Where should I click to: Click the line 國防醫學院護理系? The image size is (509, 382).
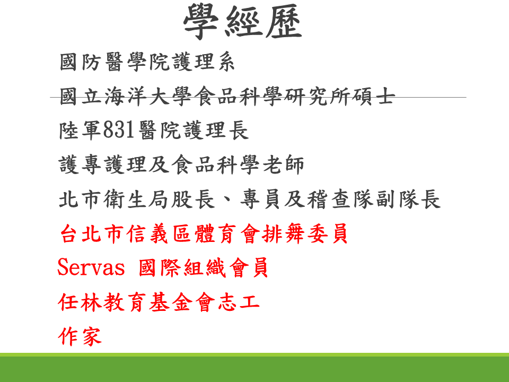[147, 62]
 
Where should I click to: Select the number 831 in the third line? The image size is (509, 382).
[118, 130]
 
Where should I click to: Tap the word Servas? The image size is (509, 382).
[91, 267]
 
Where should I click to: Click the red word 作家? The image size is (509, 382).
[80, 336]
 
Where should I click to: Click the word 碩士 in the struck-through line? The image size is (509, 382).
[374, 96]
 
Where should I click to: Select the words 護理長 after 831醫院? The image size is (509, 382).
[216, 131]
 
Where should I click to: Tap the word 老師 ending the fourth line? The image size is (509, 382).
[283, 164]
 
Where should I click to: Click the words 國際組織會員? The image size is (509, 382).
[203, 267]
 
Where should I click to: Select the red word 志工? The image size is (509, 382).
[239, 302]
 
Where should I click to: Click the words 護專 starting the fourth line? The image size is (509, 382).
[80, 164]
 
